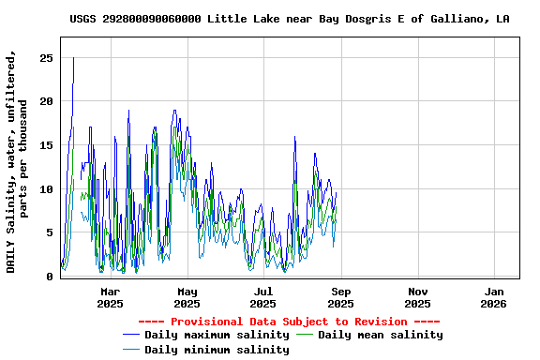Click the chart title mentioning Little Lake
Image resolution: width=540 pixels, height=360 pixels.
click(290, 19)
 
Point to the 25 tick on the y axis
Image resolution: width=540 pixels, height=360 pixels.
click(45, 58)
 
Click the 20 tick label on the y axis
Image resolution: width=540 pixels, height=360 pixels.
click(45, 101)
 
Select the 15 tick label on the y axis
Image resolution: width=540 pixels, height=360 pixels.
click(45, 145)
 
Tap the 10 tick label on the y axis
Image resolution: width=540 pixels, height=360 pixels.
click(45, 189)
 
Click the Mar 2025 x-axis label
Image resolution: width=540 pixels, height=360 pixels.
click(110, 297)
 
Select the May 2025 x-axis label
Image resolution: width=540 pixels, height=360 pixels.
click(187, 297)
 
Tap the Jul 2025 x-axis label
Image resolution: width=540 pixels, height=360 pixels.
click(263, 297)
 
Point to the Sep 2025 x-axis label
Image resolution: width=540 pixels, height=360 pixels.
click(340, 297)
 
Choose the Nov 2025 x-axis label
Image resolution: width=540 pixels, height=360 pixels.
click(417, 297)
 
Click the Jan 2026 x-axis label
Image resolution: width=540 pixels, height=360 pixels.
click(493, 297)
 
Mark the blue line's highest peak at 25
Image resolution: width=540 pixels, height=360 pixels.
click(73, 58)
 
